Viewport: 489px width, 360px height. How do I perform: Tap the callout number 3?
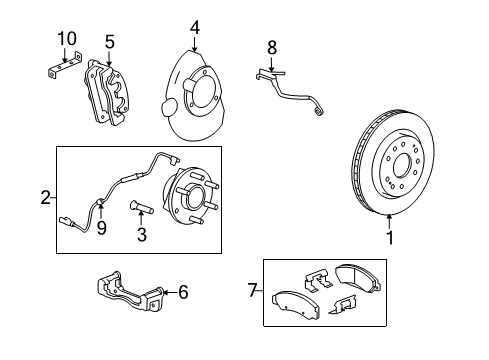(x=142, y=236)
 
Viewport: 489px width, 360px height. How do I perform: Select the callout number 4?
(x=196, y=27)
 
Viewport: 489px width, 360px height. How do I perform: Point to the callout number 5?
(x=110, y=43)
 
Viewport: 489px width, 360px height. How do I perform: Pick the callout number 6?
(x=182, y=293)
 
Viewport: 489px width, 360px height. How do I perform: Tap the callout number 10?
(x=66, y=38)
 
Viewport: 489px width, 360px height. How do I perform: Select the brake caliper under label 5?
(x=111, y=93)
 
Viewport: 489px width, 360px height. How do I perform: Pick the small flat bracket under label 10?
(x=61, y=73)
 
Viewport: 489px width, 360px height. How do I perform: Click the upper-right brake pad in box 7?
(x=358, y=280)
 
